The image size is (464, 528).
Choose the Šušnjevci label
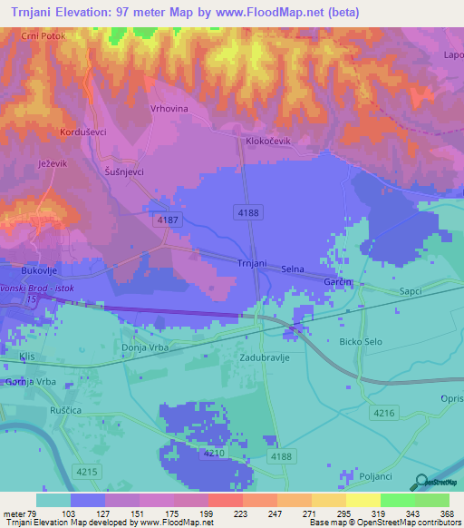click(124, 171)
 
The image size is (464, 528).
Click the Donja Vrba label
click(144, 348)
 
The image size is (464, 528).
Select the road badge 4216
click(383, 414)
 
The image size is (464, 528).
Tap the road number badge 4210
click(214, 452)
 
